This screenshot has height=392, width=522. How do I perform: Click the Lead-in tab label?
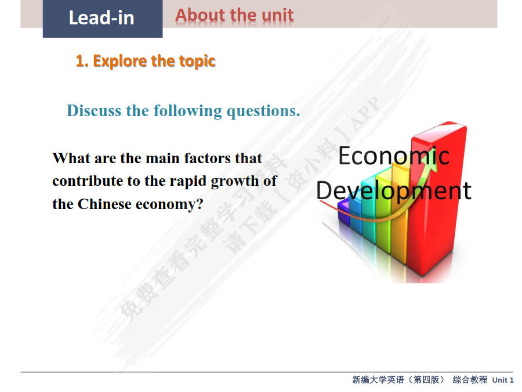pos(101,17)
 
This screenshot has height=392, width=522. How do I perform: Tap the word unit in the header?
pos(277,15)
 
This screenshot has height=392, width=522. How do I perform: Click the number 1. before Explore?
pos(82,61)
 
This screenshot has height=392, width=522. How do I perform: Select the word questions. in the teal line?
pos(263,110)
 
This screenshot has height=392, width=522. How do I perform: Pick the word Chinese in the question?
pos(104,204)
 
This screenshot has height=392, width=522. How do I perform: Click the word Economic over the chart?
pos(393,156)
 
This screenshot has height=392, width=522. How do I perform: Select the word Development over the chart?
pos(393,190)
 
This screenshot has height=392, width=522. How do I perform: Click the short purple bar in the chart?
pos(343,212)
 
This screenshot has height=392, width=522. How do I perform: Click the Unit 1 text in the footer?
pos(502,380)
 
